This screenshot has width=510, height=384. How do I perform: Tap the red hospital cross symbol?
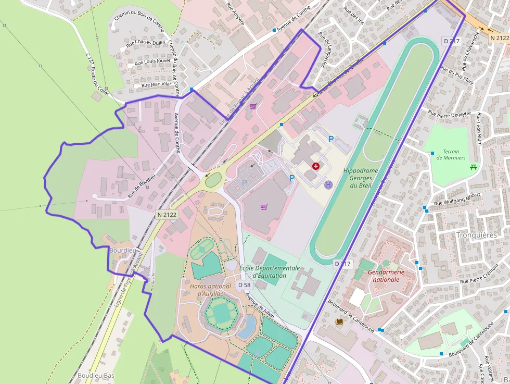315,166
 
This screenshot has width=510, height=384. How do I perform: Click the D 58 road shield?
244,285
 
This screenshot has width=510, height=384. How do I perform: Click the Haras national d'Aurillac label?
210,290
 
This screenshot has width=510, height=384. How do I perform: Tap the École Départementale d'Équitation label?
270,271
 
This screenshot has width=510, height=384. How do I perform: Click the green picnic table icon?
474,167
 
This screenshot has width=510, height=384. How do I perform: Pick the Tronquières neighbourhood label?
476,235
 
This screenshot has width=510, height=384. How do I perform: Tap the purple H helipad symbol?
328,184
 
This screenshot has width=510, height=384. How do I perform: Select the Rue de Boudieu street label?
141,185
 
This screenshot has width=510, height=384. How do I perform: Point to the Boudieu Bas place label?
95,375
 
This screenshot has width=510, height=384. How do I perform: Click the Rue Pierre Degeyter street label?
449,113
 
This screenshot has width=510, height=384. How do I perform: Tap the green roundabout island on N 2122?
213,180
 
